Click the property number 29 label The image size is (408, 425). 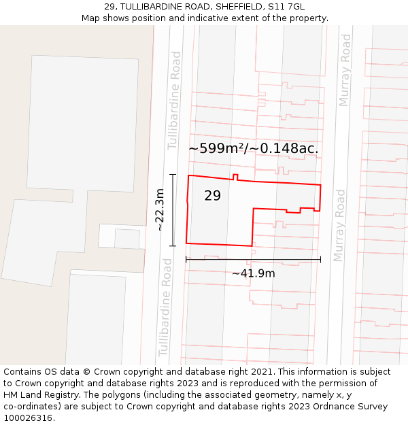click(212, 196)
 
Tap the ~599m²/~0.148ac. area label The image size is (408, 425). click(253, 148)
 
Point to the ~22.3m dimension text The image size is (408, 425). click(160, 210)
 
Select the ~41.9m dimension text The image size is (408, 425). click(253, 273)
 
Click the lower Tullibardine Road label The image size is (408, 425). click(165, 307)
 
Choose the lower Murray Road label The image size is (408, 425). click(339, 226)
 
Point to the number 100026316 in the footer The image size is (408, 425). click(28, 418)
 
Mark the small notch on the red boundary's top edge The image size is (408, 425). click(235, 177)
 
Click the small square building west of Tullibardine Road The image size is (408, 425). click(126, 238)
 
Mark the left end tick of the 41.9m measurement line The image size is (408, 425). click(186, 259)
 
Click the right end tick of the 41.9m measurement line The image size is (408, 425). click(320, 259)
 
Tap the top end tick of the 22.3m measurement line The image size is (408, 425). click(173, 175)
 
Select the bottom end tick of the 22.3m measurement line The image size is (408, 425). click(173, 245)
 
